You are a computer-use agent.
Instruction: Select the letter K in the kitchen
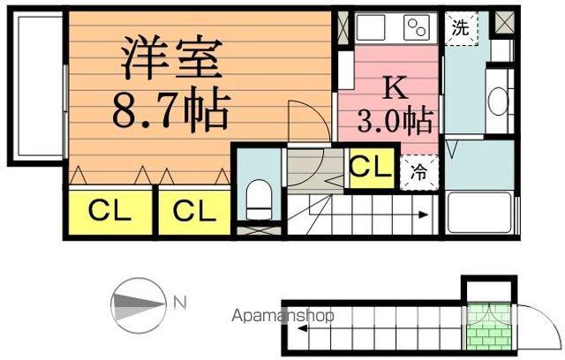[394, 87]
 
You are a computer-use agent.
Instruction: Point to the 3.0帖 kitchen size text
[394, 120]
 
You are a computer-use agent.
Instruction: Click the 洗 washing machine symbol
[460, 26]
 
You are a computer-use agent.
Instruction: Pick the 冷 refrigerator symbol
[419, 172]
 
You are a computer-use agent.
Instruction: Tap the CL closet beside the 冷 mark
[371, 167]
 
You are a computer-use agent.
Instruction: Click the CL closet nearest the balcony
[109, 211]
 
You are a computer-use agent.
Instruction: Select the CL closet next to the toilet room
[193, 211]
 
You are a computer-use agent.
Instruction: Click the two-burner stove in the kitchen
[415, 27]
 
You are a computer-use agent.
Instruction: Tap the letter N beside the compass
[179, 304]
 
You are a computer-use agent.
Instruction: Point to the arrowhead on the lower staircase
[303, 329]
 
